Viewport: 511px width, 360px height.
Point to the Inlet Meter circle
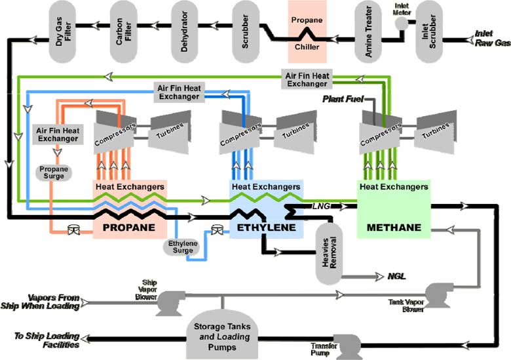click(400, 23)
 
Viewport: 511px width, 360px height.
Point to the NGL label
click(397, 276)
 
